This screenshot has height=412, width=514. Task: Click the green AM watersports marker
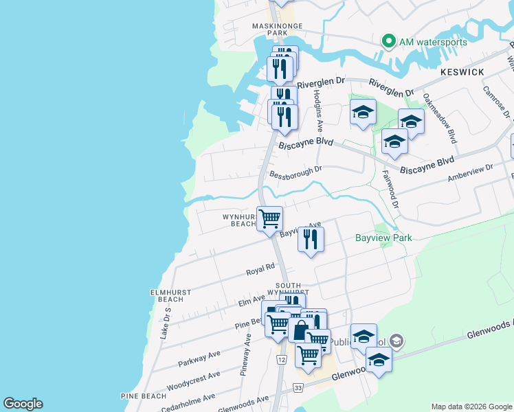tap(388, 42)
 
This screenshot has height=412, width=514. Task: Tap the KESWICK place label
tap(462, 71)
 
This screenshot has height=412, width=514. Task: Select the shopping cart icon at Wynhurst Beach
tap(270, 218)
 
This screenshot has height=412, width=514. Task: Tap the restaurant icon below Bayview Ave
tap(311, 239)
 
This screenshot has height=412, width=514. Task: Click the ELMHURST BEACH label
tap(166, 295)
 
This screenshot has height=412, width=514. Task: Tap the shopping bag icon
tap(300, 330)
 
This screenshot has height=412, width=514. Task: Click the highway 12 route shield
tap(282, 360)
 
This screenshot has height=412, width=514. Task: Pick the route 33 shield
tap(298, 388)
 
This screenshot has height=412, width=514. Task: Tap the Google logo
tap(23, 404)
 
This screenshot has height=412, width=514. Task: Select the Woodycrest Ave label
tap(193, 380)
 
